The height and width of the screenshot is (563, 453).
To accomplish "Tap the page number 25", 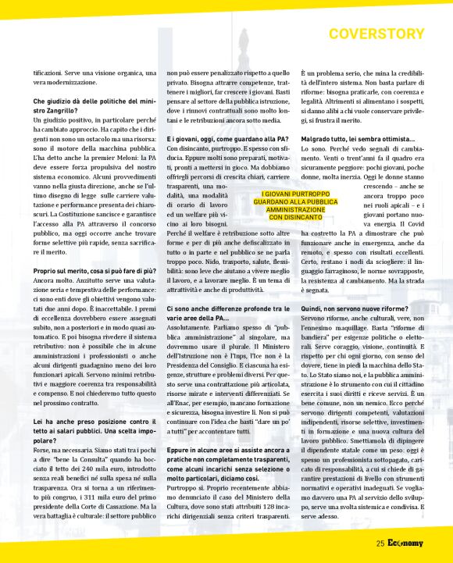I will pos(380,543).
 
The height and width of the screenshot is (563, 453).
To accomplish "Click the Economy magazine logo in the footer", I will pos(405,543).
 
